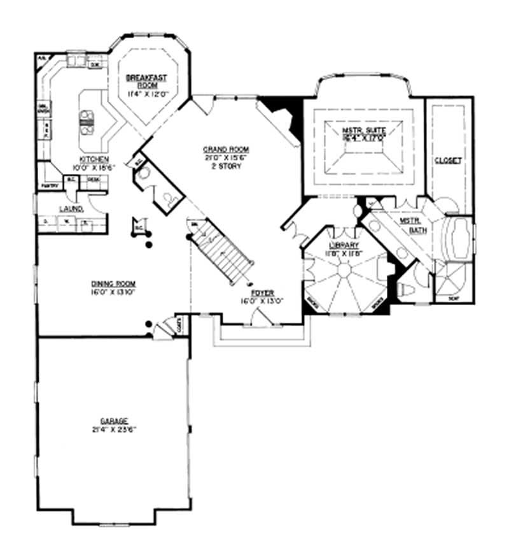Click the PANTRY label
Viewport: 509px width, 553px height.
tap(50, 185)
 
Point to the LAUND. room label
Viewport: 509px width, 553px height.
tap(68, 208)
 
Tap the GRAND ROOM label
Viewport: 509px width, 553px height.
tap(217, 149)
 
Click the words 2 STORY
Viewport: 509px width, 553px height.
tap(217, 164)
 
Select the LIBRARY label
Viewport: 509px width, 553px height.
tap(344, 245)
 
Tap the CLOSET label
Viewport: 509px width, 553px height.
tap(448, 161)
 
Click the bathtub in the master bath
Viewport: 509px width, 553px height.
tap(460, 239)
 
